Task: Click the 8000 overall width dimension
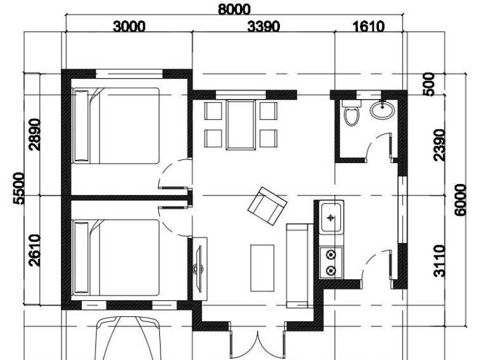pos(234,10)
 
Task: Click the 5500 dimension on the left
pos(20,188)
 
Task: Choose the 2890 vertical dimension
pos(35,134)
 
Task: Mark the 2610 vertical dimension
pos(35,250)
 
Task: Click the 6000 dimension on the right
pos(462,200)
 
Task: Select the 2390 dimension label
pos(441,145)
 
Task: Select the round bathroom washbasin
pos(382,111)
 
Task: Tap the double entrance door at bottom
pos(257,343)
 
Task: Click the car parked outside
pos(127,337)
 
